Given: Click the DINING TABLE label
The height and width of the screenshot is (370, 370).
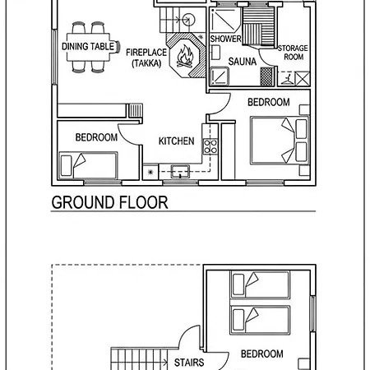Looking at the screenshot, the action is (88, 46).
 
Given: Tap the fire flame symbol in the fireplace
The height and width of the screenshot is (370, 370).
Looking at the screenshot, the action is (185, 57).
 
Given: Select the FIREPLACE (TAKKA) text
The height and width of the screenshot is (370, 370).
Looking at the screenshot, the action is (146, 58).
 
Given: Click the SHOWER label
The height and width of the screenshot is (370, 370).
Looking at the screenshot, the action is (225, 39).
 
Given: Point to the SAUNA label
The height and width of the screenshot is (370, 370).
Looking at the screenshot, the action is (243, 62).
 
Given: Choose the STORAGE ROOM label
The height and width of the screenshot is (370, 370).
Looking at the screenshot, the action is (293, 53).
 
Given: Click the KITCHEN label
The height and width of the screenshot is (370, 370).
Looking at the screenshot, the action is (177, 141).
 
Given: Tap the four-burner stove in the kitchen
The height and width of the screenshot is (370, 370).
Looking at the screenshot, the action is (210, 146).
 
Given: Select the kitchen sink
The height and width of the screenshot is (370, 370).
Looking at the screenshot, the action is (180, 171).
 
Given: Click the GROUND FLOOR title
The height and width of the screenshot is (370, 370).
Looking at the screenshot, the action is (109, 202).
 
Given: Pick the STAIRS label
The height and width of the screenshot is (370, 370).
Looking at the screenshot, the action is (189, 363).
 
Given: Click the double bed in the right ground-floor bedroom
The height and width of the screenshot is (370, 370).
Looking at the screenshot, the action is (280, 141).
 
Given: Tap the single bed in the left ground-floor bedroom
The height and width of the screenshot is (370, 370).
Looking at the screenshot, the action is (88, 165).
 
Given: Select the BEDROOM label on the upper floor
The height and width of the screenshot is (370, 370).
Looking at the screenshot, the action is (262, 354).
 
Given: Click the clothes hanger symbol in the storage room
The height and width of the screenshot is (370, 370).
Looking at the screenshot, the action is (287, 78).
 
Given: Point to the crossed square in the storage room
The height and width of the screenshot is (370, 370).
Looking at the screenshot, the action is (303, 78).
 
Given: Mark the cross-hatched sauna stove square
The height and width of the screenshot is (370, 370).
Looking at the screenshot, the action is (266, 76).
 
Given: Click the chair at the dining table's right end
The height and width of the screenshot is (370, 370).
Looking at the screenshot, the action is (118, 47).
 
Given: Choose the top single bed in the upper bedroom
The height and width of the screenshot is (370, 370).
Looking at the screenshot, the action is (260, 284).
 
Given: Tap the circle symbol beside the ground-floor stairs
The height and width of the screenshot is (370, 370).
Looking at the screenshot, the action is (188, 20).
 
